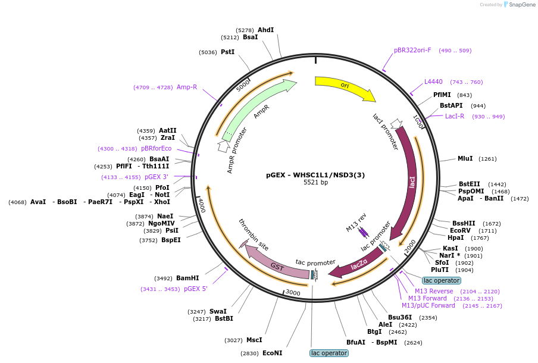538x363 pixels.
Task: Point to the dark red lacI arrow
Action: point(411,182)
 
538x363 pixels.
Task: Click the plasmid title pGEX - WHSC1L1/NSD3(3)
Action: point(315,175)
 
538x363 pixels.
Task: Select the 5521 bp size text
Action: point(315,183)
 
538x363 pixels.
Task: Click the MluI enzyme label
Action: point(465,158)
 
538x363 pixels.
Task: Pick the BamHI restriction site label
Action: point(187,278)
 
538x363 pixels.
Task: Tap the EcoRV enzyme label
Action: point(460,230)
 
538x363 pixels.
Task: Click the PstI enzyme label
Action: point(227,52)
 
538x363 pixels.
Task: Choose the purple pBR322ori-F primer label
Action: point(412,50)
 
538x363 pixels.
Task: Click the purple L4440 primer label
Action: point(433,82)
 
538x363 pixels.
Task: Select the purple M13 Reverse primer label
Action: point(434,291)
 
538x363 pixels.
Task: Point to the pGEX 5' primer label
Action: point(196,289)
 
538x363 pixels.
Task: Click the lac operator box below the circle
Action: point(329,353)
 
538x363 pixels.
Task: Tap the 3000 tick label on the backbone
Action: point(293,293)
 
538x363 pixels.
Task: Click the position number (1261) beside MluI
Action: point(487,158)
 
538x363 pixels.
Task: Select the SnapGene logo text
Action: point(522,5)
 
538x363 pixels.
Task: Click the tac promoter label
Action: point(315,262)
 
